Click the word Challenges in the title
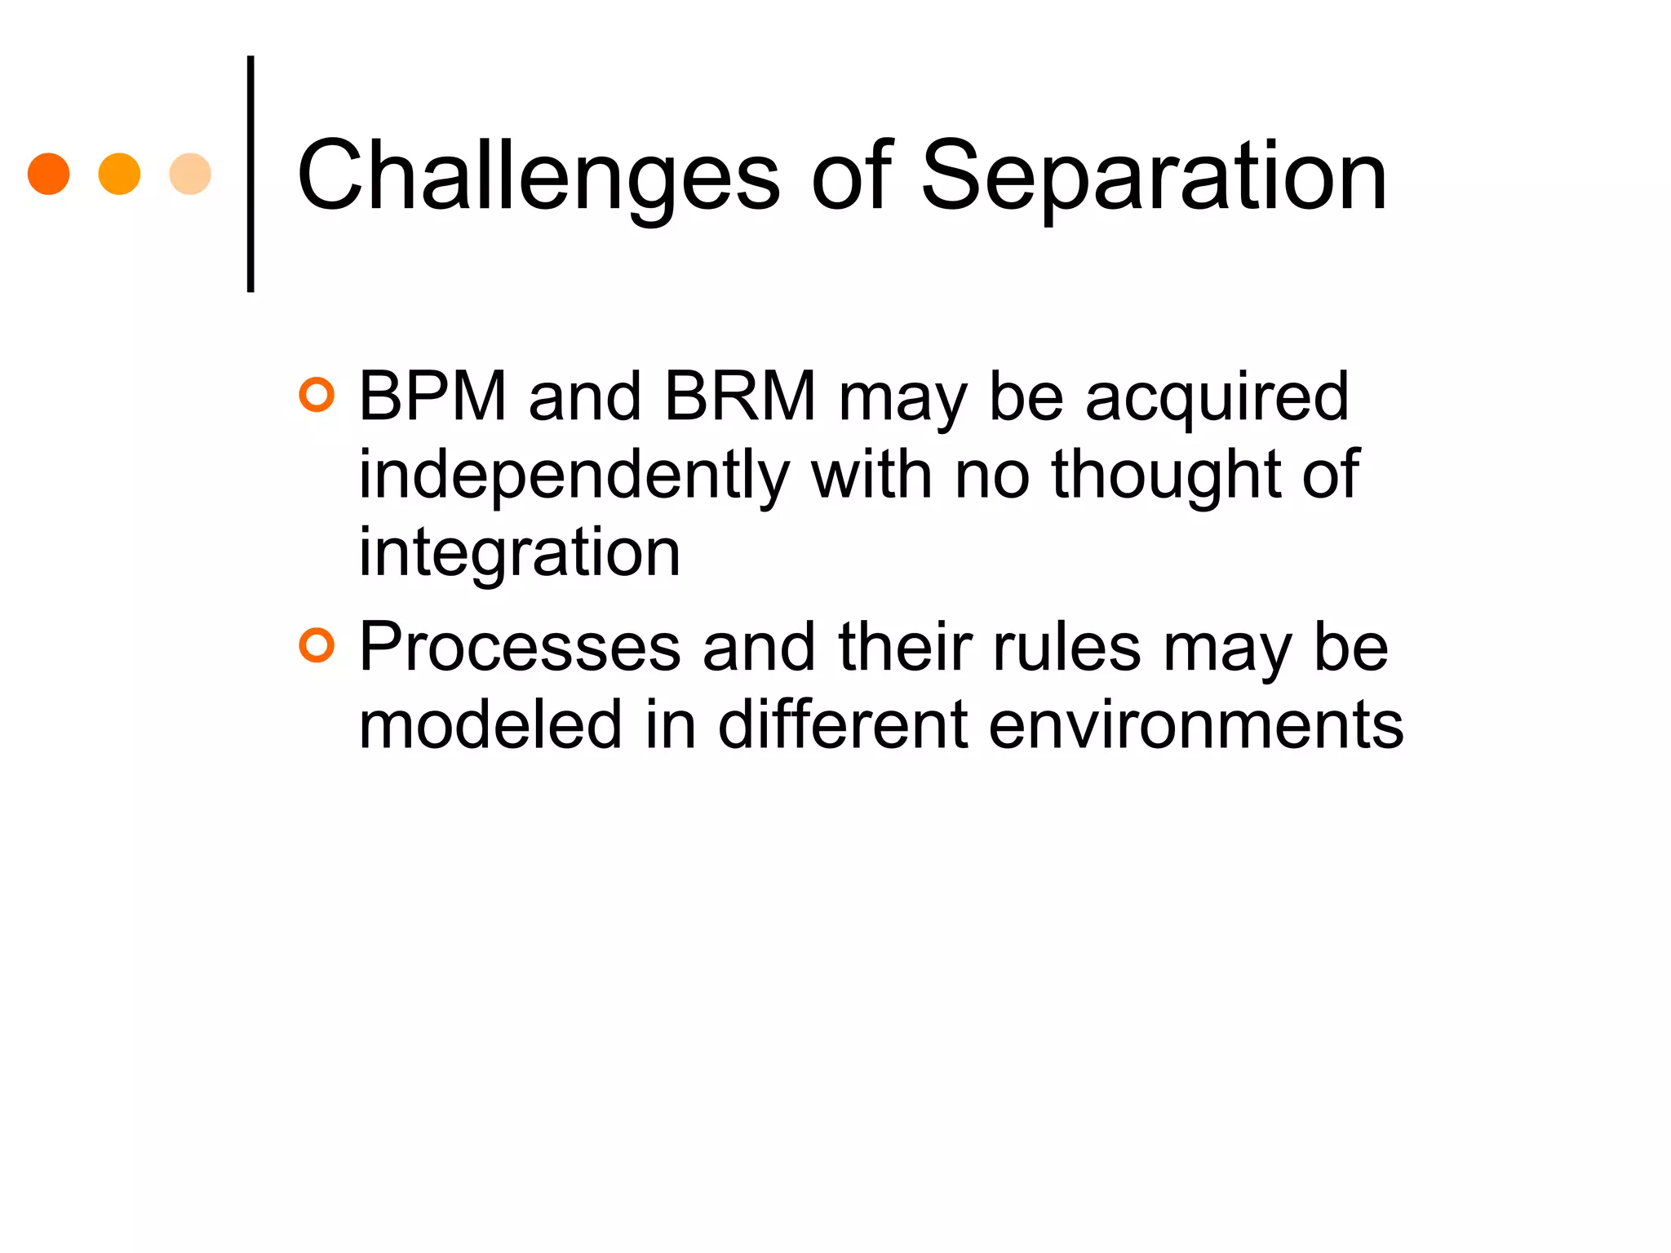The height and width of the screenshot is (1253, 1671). point(539,175)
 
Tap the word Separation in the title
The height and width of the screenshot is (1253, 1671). point(1154,175)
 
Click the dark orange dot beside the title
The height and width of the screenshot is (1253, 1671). point(49,174)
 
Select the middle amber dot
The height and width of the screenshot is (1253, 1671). point(119,174)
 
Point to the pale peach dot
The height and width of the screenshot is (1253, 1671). point(190,174)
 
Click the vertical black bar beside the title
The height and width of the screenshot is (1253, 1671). point(250,174)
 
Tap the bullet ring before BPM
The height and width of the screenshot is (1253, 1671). point(317,396)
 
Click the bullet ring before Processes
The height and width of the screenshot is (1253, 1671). point(317,646)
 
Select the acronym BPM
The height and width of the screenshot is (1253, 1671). point(432,397)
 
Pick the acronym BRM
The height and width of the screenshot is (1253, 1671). point(740,397)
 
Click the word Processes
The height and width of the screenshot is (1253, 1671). point(520,647)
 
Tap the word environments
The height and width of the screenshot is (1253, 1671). point(1195,724)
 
